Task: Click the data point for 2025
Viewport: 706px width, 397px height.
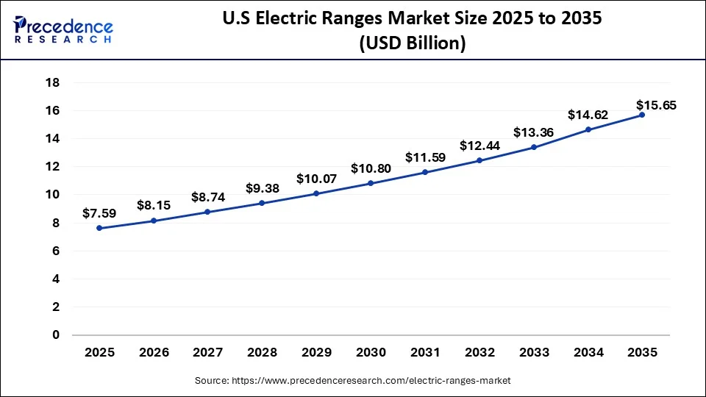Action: (x=99, y=228)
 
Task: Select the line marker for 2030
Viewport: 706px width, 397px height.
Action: (x=371, y=183)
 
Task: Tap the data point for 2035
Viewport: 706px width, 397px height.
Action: (x=642, y=115)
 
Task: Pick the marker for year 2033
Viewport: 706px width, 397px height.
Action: (x=533, y=147)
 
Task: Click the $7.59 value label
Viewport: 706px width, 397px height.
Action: (x=99, y=213)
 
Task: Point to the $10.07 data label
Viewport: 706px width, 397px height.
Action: (x=316, y=179)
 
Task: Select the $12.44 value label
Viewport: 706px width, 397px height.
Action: (x=479, y=146)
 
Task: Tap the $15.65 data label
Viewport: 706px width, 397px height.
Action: (x=657, y=105)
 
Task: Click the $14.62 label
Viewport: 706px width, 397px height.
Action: (x=588, y=115)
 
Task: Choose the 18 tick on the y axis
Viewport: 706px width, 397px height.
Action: (x=52, y=82)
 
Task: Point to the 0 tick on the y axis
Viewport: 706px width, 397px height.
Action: (x=56, y=335)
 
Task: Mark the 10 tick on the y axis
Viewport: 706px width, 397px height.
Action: (x=52, y=195)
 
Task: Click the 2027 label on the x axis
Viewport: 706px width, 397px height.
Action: (x=208, y=353)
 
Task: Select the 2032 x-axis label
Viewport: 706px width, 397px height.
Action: (x=479, y=353)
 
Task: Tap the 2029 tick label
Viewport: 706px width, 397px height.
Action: (x=316, y=353)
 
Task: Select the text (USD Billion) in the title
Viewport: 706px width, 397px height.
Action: (x=412, y=43)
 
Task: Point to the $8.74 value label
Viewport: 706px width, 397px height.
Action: (x=208, y=197)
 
